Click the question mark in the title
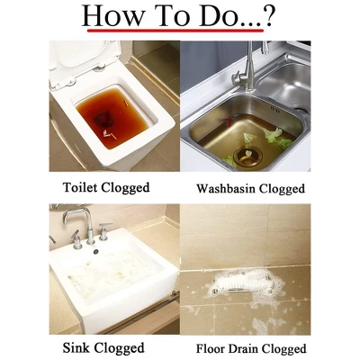pyautogui.click(x=266, y=15)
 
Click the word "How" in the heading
pyautogui.click(x=112, y=16)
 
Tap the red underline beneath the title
pyautogui.click(x=175, y=31)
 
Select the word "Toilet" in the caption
pyautogui.click(x=80, y=187)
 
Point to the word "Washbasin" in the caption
pyautogui.click(x=226, y=189)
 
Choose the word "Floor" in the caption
pyautogui.click(x=211, y=349)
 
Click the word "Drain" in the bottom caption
pyautogui.click(x=241, y=349)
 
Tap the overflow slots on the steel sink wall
pyautogui.click(x=274, y=109)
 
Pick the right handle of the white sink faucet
pyautogui.click(x=104, y=231)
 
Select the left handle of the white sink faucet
pyautogui.click(x=76, y=240)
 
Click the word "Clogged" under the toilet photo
pyautogui.click(x=125, y=188)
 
